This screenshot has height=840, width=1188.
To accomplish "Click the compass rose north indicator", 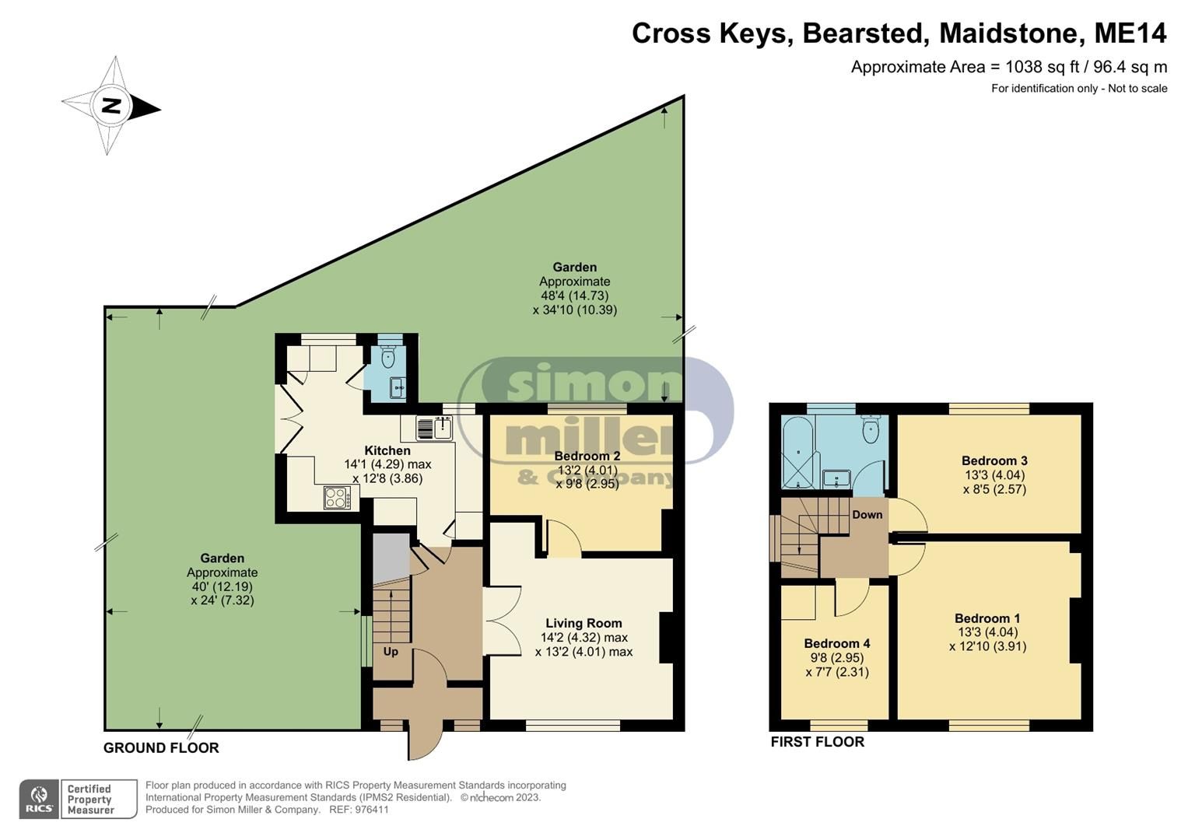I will tap(111, 106).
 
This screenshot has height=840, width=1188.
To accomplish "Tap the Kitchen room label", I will tap(387, 451).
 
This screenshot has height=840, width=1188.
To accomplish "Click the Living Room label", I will tap(583, 623).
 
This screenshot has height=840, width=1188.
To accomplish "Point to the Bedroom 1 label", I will tap(987, 619).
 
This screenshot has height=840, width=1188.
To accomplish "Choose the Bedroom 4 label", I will tap(836, 643).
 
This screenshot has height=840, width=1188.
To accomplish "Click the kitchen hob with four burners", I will tap(336, 498).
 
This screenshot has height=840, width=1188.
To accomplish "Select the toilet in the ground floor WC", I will tap(389, 358).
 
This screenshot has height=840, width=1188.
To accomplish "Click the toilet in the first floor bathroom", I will tap(871, 430).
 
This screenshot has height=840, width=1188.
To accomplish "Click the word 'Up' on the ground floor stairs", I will tap(391, 652).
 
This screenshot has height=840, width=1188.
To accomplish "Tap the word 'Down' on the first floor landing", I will tap(867, 515).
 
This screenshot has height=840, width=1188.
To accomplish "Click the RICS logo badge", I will tap(38, 799).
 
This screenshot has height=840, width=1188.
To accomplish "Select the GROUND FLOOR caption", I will tap(161, 748).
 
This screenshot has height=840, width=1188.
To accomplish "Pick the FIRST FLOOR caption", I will tap(817, 742).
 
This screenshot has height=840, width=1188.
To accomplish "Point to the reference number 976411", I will tap(371, 810).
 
